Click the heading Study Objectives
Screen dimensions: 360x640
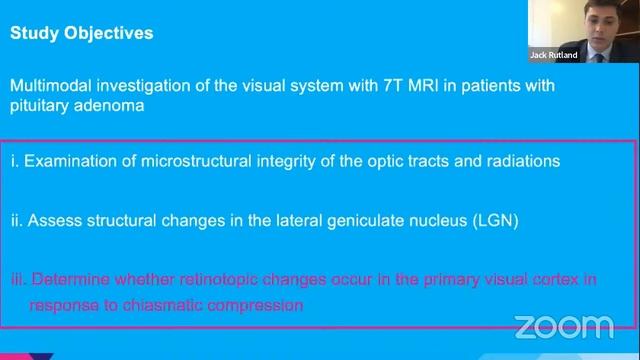[x=81, y=33]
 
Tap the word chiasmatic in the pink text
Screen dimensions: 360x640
[x=153, y=303]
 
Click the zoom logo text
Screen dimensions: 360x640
[x=563, y=325]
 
